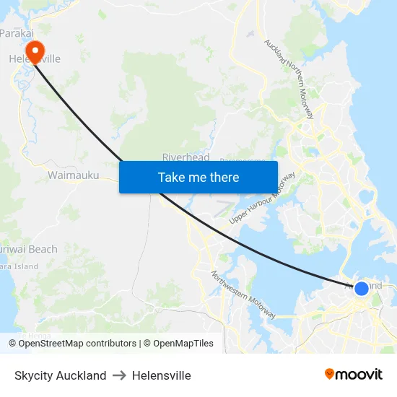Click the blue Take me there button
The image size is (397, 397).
point(198,177)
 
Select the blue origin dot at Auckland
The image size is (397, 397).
point(362,289)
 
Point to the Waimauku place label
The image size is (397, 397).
point(73,175)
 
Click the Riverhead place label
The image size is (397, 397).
point(186,157)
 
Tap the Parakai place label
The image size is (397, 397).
point(16,32)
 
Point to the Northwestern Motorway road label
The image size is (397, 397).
point(243,295)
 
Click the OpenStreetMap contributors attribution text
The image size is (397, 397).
point(77,344)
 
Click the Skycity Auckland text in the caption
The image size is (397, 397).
point(61,375)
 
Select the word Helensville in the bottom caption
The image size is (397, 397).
point(162,375)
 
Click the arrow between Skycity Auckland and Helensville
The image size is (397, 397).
point(119,375)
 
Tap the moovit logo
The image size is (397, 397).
point(353,374)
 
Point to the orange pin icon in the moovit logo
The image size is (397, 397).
point(329,374)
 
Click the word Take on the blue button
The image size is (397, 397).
point(172,177)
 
